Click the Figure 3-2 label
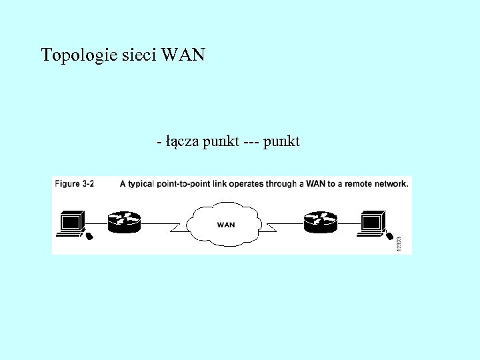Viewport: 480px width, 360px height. click(x=74, y=183)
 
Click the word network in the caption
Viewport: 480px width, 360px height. click(x=391, y=183)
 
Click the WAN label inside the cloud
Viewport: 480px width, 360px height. click(x=226, y=225)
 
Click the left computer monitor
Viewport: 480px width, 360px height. click(x=71, y=221)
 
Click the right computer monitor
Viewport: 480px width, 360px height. click(x=371, y=221)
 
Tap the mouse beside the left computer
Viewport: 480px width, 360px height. click(x=88, y=235)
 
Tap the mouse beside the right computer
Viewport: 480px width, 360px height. click(x=389, y=235)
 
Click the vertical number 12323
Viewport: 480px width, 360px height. click(x=399, y=243)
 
